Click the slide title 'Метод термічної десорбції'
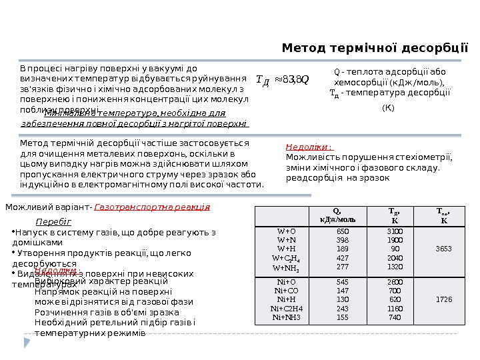click(x=375, y=48)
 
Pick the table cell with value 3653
click(x=443, y=249)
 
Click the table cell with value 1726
click(x=443, y=299)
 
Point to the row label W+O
click(x=286, y=231)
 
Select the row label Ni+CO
click(x=286, y=291)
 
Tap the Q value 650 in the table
click(x=343, y=231)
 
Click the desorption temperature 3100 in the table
click(x=395, y=231)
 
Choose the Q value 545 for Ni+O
click(x=343, y=282)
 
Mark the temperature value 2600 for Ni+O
click(x=395, y=282)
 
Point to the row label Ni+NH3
click(x=286, y=317)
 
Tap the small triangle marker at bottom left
click(x=27, y=342)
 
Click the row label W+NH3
click(x=286, y=267)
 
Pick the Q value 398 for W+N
click(x=343, y=239)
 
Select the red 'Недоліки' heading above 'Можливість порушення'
click(x=309, y=147)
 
